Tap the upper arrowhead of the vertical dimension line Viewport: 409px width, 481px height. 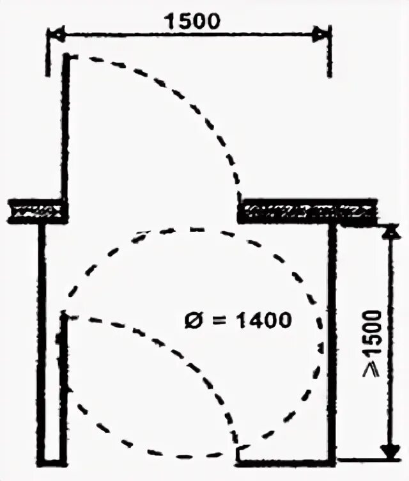point(388,231)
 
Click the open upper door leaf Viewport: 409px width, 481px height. point(65,128)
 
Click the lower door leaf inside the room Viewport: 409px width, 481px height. point(63,384)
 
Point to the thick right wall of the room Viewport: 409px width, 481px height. point(332,339)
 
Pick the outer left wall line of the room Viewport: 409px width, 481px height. point(42,339)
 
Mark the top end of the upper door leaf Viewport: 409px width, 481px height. point(66,58)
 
